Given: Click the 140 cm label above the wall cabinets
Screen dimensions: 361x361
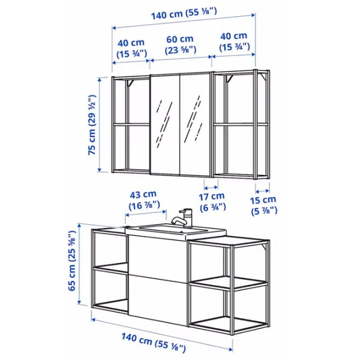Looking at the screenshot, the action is point(184,13).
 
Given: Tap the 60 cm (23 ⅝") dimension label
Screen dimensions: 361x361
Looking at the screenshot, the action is point(180,45).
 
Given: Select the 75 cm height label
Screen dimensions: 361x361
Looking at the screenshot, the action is point(92,125).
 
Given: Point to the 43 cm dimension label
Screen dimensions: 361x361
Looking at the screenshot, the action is point(144,200).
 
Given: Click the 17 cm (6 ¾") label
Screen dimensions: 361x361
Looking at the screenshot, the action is point(212,202).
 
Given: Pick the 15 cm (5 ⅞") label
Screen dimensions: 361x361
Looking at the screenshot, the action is point(264,205).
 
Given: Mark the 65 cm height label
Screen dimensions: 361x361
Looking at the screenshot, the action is point(72,261).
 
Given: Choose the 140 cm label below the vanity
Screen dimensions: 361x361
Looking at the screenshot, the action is point(153,342).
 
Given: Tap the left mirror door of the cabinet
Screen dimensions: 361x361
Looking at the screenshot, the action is point(165,125).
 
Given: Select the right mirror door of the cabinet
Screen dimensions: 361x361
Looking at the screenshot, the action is point(195,125).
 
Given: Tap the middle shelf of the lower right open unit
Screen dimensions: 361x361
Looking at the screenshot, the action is point(228,283).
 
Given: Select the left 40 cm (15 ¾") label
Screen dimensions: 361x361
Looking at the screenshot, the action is point(131,48).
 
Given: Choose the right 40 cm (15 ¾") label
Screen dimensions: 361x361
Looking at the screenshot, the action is point(234,42).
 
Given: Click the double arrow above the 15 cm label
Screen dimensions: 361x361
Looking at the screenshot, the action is point(262,191).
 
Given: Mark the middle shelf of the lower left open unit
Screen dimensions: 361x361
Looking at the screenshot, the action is point(111,268).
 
